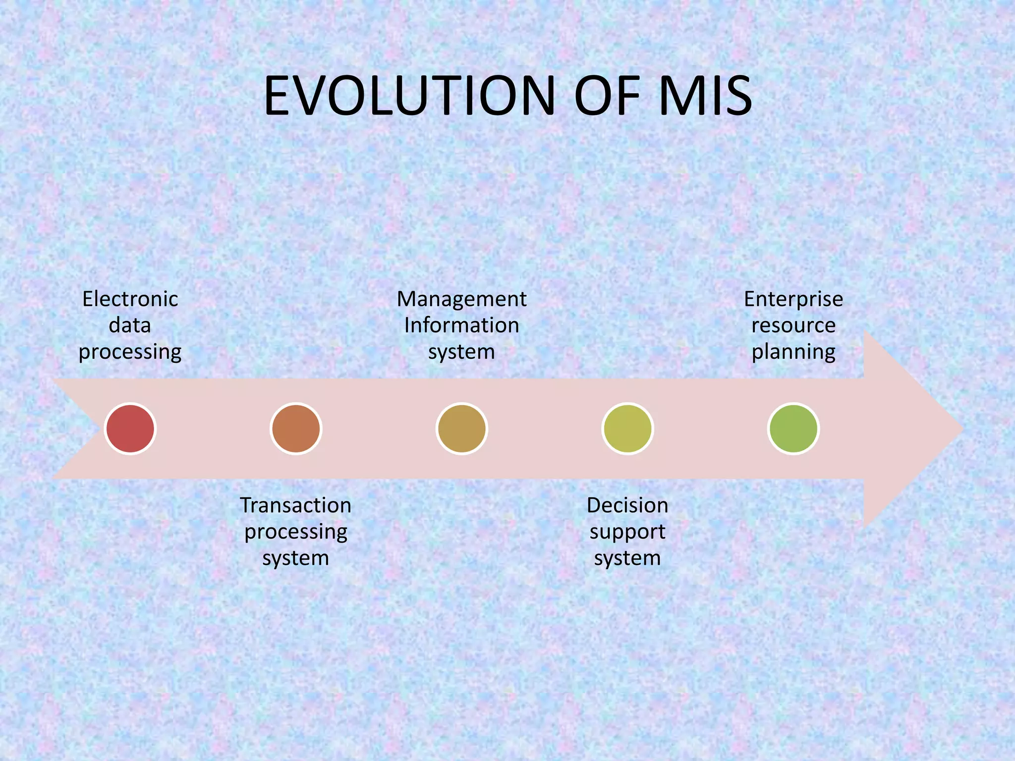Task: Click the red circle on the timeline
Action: click(130, 429)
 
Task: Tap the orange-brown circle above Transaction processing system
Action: click(296, 429)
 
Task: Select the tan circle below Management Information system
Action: click(461, 429)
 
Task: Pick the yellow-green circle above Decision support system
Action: click(627, 429)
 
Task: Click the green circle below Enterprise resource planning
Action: click(793, 429)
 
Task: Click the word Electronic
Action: click(130, 299)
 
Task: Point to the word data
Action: click(130, 326)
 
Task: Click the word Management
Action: click(461, 299)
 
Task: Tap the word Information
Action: click(461, 326)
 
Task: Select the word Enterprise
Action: click(793, 299)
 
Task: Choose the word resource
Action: click(793, 326)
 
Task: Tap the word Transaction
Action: click(296, 505)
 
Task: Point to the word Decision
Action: click(627, 505)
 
